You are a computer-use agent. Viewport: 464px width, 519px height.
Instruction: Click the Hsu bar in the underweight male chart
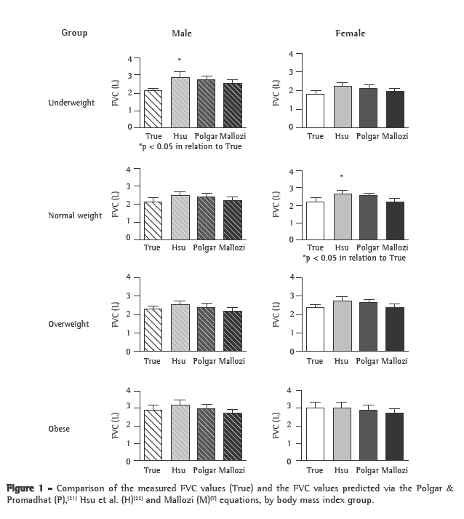(180, 103)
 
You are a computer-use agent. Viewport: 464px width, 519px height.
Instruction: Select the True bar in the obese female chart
(314, 434)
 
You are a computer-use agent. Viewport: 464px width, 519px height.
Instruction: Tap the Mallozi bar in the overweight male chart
(232, 331)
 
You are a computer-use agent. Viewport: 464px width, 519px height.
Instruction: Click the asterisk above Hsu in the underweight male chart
(180, 60)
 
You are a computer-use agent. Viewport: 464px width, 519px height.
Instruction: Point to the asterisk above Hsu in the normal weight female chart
(341, 176)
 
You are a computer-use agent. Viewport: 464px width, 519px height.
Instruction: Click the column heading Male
(182, 33)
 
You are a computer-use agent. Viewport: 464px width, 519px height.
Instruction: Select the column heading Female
(350, 33)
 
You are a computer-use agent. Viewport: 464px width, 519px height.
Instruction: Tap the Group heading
(74, 33)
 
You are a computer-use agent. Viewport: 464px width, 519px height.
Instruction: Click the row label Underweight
(71, 103)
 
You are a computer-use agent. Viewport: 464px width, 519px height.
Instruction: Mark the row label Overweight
(68, 324)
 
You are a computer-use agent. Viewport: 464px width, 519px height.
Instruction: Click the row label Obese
(59, 429)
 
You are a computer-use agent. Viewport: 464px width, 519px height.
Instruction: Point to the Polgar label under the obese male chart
(206, 470)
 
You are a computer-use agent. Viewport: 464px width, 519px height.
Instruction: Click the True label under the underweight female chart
(315, 136)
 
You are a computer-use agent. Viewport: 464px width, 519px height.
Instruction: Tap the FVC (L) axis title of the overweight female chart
(276, 314)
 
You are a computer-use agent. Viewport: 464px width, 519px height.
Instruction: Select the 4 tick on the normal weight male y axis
(128, 170)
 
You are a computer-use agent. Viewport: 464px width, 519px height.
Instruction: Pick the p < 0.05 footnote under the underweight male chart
(191, 146)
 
